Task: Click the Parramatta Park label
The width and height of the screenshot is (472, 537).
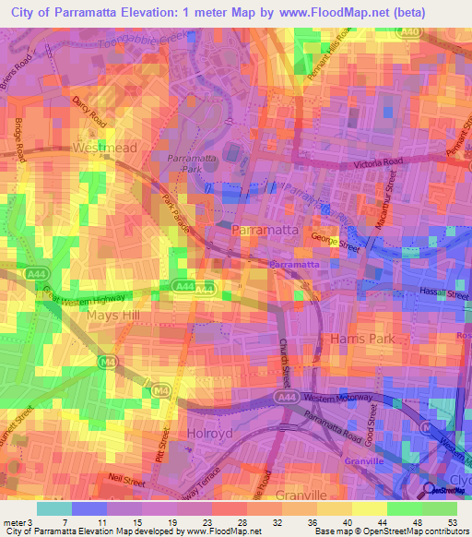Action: point(190,164)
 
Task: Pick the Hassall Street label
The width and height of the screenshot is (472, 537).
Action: point(445,289)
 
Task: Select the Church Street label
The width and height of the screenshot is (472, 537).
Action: point(286,368)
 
